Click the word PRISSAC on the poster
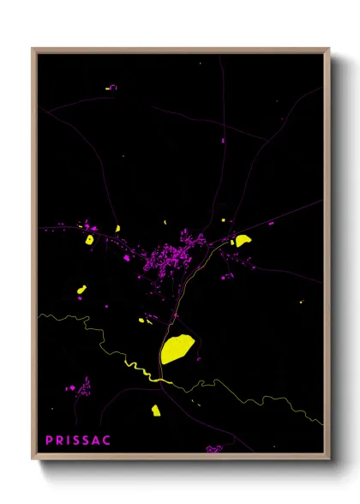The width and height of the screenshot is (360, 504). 78,441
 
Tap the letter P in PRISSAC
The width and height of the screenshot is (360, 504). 50,441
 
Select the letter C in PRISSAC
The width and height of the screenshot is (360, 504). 106,441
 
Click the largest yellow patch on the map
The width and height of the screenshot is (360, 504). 177,348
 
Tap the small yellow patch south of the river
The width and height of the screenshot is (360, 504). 156,410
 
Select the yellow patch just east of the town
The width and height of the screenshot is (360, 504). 243,240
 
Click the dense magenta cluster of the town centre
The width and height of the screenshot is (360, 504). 167,256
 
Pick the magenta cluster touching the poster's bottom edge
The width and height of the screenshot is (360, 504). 214,448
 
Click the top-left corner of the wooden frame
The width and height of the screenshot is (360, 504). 33,50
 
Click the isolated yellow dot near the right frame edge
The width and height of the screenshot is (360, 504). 303,302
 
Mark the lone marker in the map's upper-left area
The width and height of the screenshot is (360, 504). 111,87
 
